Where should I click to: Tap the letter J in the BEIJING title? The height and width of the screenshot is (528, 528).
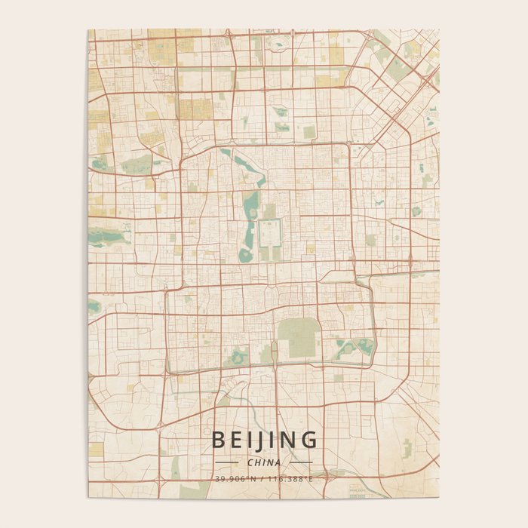(x=265, y=440)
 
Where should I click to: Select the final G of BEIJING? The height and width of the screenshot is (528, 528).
(x=308, y=440)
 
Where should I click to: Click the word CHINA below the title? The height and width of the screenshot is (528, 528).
(x=264, y=462)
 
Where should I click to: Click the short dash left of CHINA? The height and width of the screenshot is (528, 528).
(x=226, y=462)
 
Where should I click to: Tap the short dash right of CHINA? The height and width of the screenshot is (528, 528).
(x=300, y=462)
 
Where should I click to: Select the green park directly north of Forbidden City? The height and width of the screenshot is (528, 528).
(x=270, y=211)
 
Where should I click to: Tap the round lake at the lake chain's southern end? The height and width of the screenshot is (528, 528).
(x=246, y=255)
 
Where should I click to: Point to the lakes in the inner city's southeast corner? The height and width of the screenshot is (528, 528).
(x=355, y=348)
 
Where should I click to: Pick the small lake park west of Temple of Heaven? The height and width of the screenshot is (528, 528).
(x=240, y=354)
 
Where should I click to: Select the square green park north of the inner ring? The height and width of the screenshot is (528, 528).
(x=309, y=132)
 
